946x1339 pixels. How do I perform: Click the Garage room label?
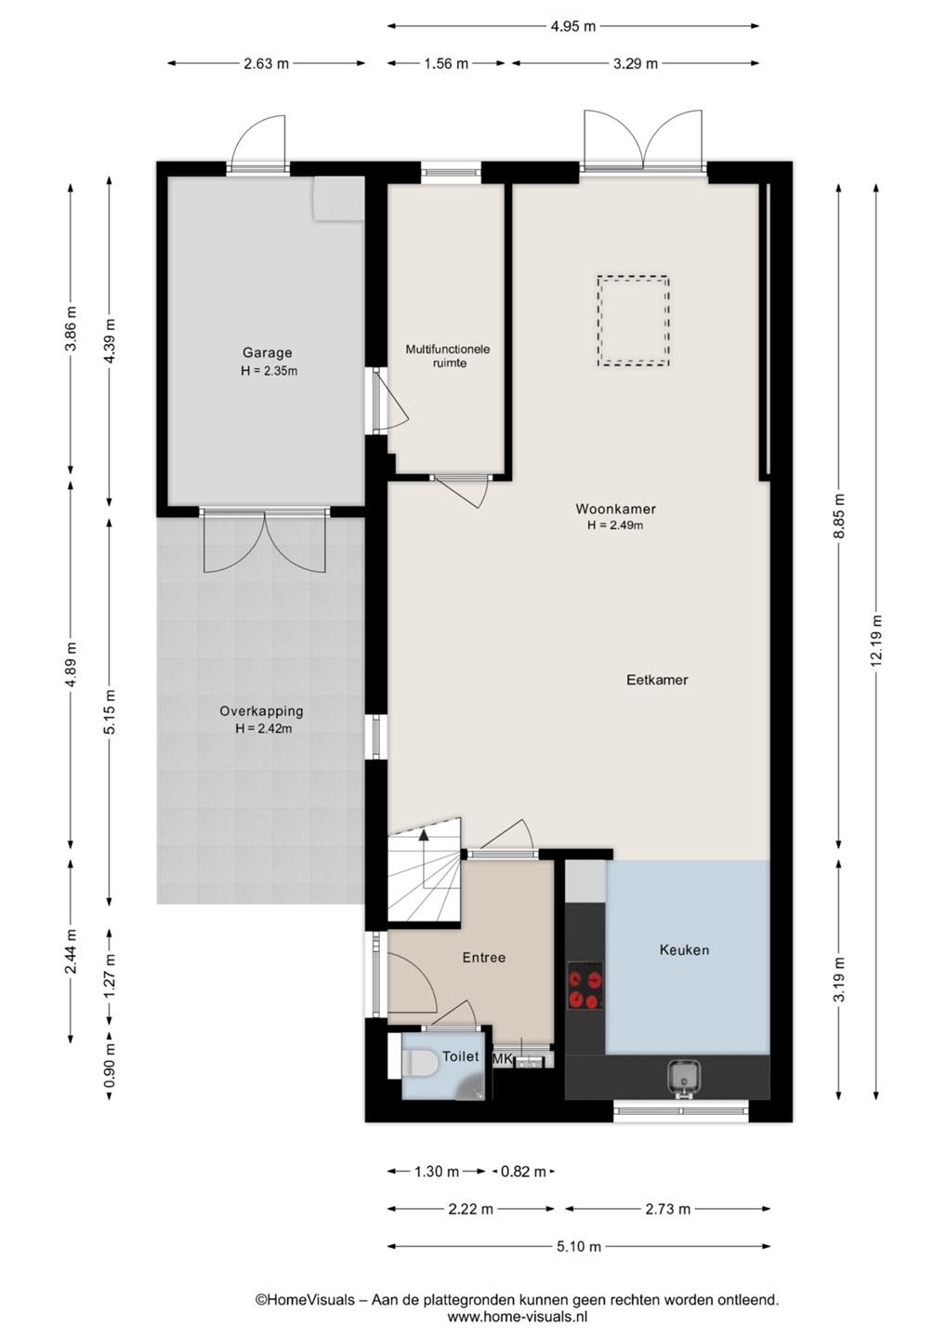(267, 352)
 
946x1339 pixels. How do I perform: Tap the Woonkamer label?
(615, 509)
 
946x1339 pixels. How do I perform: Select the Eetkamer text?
(657, 680)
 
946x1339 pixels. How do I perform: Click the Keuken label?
(685, 950)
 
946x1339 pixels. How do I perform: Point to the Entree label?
(484, 958)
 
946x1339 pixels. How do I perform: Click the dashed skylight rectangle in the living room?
(633, 321)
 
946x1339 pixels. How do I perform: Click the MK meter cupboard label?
(502, 1058)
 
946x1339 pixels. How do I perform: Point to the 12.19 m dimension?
(875, 641)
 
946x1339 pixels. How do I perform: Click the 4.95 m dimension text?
(572, 26)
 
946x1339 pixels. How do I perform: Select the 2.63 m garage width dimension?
(266, 63)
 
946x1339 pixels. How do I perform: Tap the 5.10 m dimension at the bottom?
(579, 1246)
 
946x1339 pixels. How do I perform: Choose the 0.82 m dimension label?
(523, 1172)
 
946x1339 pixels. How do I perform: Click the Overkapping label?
(261, 711)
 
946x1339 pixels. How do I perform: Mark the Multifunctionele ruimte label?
(448, 355)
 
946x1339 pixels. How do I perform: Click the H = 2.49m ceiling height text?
(615, 525)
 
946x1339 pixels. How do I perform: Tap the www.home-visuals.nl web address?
(518, 1317)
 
